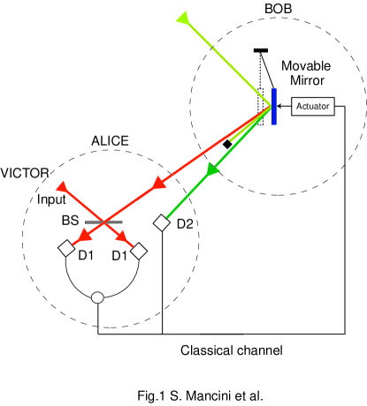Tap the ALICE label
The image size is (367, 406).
pyautogui.click(x=111, y=140)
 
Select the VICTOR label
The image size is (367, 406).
pyautogui.click(x=23, y=172)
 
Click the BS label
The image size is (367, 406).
pyautogui.click(x=72, y=222)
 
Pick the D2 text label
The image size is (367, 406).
pyautogui.click(x=185, y=224)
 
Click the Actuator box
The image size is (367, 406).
pyautogui.click(x=312, y=106)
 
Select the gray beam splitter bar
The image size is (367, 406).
pyautogui.click(x=103, y=222)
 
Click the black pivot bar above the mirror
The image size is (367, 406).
pyautogui.click(x=262, y=49)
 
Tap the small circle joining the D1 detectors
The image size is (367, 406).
pyautogui.click(x=98, y=297)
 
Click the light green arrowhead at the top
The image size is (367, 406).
pyautogui.click(x=183, y=17)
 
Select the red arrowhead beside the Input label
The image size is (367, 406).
pyautogui.click(x=63, y=187)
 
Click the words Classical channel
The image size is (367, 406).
pyautogui.click(x=232, y=350)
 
